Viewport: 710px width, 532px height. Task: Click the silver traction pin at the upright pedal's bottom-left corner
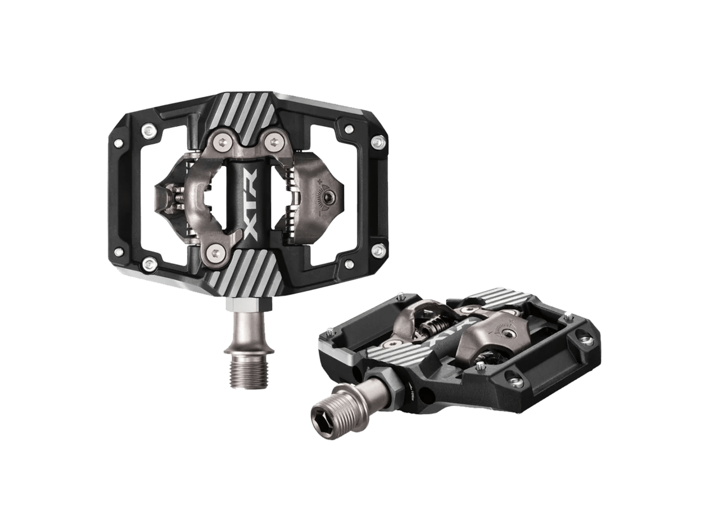click(x=149, y=263)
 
